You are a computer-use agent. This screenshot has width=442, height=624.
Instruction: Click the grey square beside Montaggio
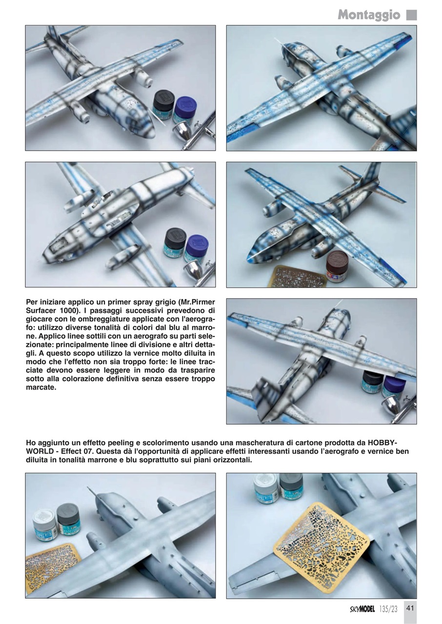tap(411, 15)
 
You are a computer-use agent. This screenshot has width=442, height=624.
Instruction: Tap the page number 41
tap(410, 608)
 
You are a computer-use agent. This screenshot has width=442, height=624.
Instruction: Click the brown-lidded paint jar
tap(337, 265)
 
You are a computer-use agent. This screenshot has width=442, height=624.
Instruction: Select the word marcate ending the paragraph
tap(40, 388)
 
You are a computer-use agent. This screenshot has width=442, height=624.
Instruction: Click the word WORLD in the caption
tap(39, 451)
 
